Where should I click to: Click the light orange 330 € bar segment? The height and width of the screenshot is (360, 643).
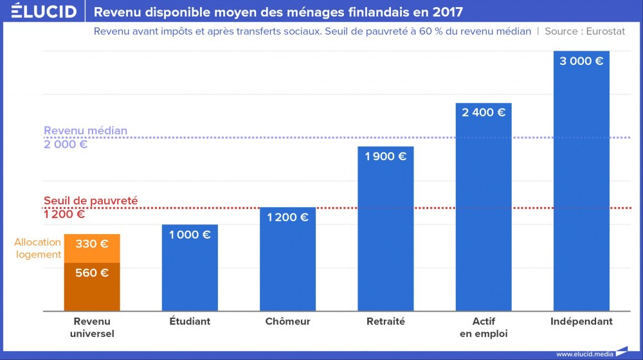(92, 248)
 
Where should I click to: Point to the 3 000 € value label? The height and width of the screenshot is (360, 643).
(581, 62)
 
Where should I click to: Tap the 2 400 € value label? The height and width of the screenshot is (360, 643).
(484, 113)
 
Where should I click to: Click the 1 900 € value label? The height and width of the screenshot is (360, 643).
(385, 156)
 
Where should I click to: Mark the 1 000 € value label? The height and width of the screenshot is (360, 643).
(190, 235)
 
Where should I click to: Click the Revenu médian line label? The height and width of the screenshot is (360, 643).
(85, 130)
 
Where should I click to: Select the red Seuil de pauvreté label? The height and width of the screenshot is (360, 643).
(91, 201)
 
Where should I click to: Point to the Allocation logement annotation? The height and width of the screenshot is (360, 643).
(38, 248)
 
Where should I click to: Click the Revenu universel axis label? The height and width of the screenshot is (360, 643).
(92, 327)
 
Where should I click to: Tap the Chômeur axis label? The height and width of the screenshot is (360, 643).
(287, 321)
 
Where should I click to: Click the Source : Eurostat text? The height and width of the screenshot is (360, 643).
(584, 32)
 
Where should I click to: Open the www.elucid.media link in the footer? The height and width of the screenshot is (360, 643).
(584, 354)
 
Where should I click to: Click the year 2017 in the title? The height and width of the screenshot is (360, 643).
(448, 12)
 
